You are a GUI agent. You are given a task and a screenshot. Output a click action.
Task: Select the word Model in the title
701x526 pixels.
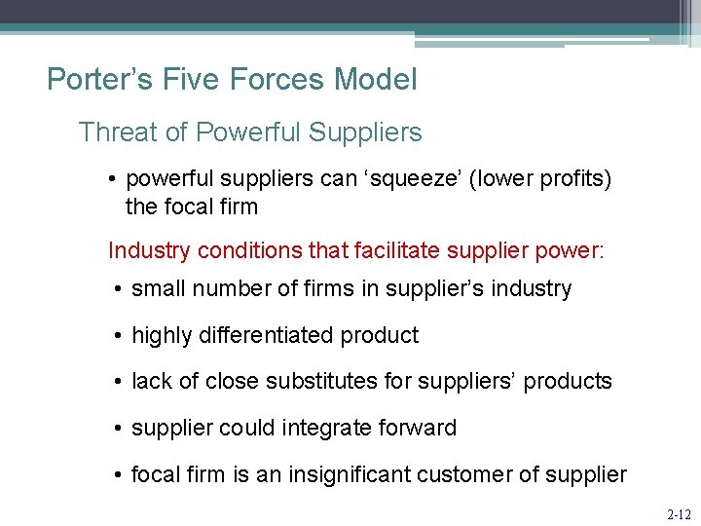(374, 79)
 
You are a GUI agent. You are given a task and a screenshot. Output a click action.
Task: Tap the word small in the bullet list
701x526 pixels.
(155, 289)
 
